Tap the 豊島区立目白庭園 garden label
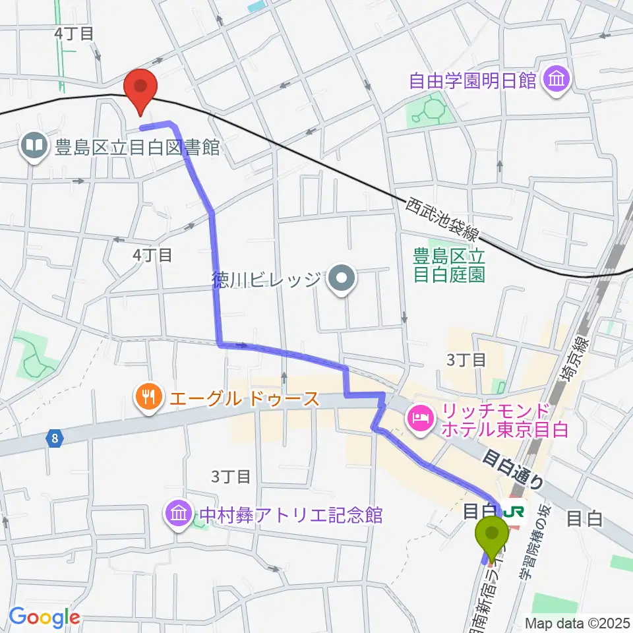(x=448, y=264)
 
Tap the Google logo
(x=44, y=617)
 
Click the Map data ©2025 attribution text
(x=576, y=622)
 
